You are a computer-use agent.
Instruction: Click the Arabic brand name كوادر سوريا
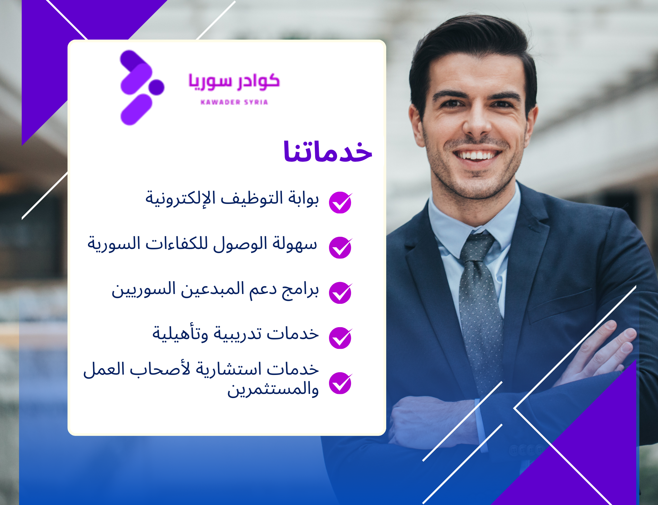point(234,82)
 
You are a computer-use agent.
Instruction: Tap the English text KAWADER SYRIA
point(234,102)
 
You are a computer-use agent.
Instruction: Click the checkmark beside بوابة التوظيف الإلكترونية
point(340,203)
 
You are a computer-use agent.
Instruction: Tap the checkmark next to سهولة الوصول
point(340,248)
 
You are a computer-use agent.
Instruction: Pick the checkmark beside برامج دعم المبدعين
point(340,293)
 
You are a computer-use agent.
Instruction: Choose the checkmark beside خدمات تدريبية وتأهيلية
point(340,338)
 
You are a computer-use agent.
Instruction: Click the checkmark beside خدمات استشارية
point(340,383)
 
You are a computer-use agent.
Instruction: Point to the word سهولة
point(295,244)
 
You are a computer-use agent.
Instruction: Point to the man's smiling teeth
point(478,155)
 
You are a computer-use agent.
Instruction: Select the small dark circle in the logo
point(156,87)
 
